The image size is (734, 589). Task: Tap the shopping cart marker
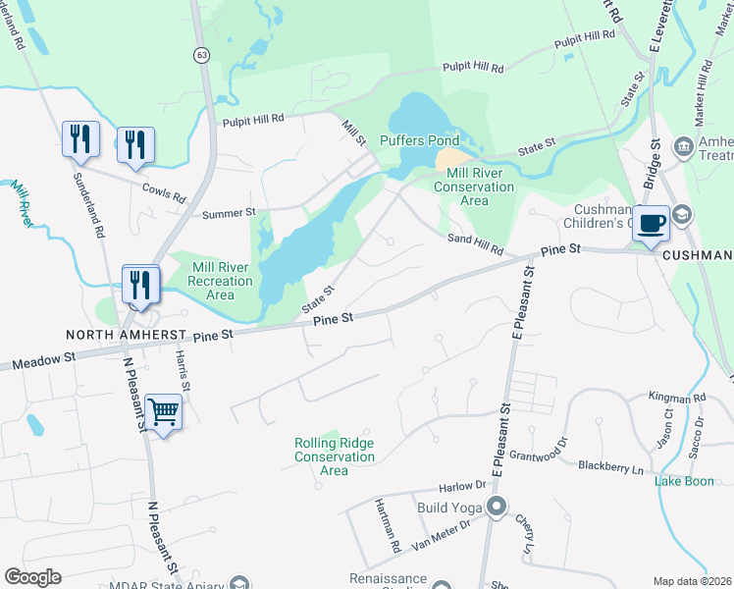pyautogui.click(x=163, y=412)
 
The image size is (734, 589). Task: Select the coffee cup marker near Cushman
pyautogui.click(x=652, y=224)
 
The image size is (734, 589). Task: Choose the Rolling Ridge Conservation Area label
pyautogui.click(x=335, y=456)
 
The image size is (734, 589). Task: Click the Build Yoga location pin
pyautogui.click(x=497, y=508)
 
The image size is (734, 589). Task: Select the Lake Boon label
pyautogui.click(x=685, y=481)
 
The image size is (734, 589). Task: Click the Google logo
pyautogui.click(x=32, y=577)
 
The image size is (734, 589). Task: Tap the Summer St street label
pyautogui.click(x=229, y=212)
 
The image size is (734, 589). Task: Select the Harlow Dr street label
pyautogui.click(x=463, y=486)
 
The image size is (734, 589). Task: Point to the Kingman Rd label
pyautogui.click(x=677, y=399)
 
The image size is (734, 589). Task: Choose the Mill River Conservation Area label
pyautogui.click(x=474, y=187)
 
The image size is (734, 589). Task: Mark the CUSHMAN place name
pyautogui.click(x=700, y=255)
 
